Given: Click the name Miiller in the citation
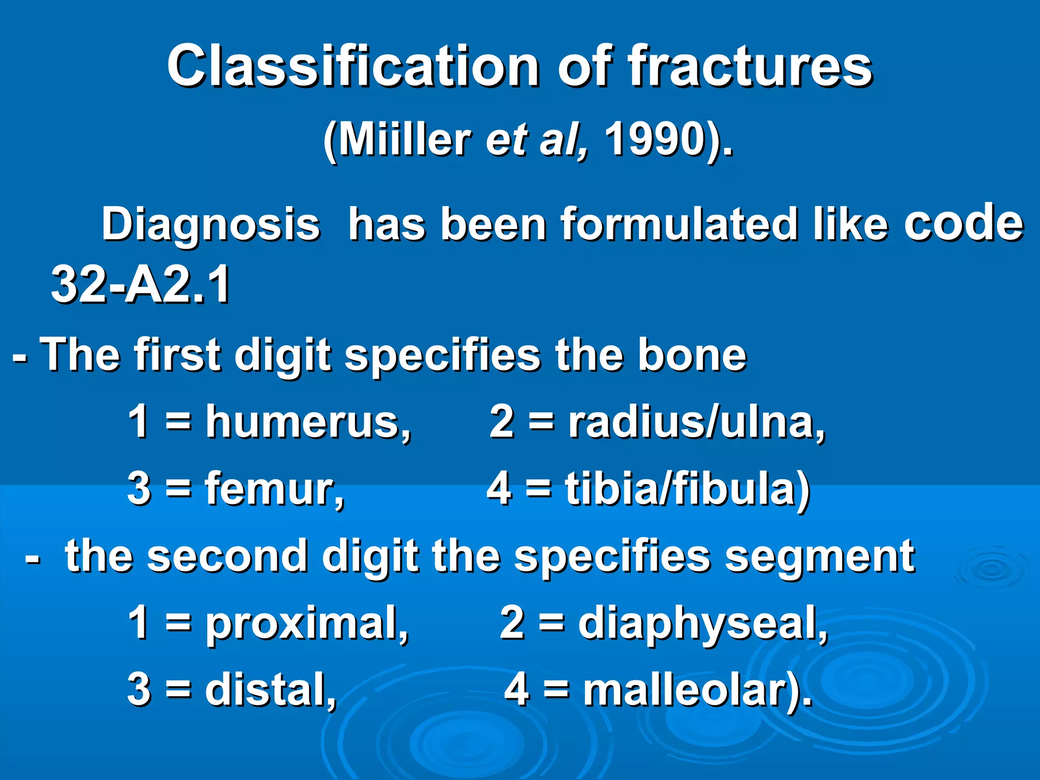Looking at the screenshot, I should pos(404,140).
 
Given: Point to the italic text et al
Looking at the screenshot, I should pos(536,140).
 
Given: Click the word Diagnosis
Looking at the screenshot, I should pos(211,224).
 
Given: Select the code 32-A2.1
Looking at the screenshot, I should pos(141,285).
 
